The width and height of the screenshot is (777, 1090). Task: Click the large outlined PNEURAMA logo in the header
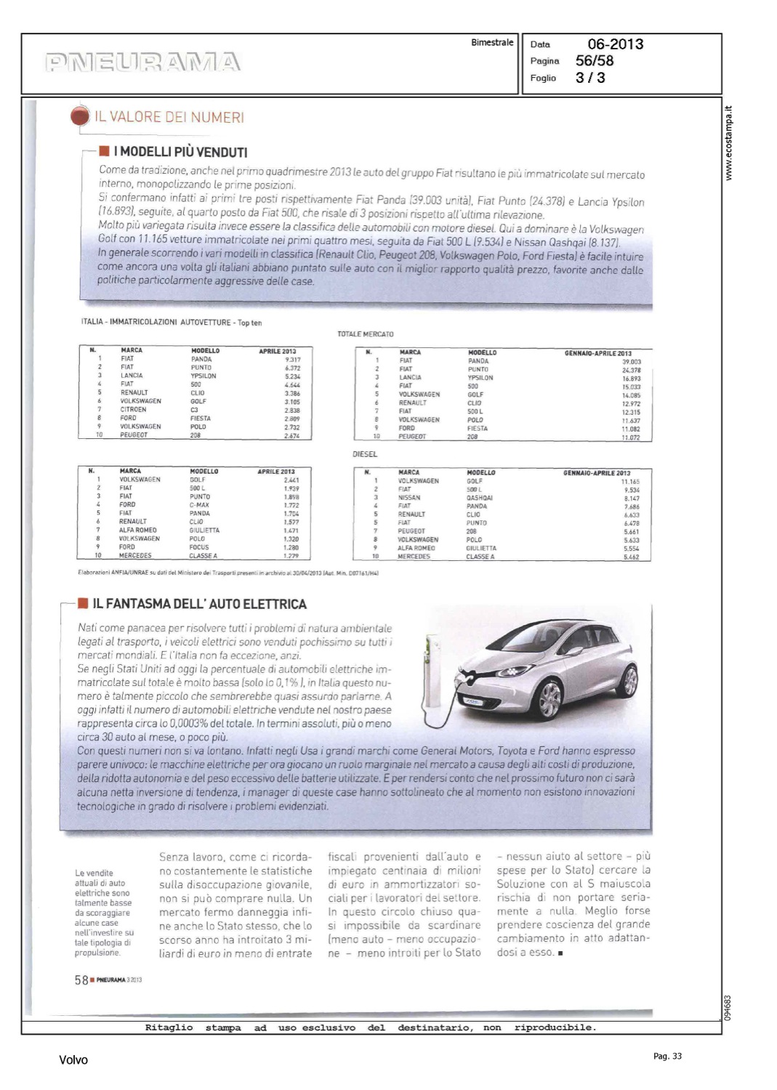[142, 62]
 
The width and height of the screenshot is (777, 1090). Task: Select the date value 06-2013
[615, 44]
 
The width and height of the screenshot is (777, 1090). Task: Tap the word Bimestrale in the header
[492, 43]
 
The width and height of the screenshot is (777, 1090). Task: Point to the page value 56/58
[594, 61]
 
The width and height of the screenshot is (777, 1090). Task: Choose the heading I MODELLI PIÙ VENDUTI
[183, 152]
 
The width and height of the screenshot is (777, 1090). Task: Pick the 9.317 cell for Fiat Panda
[292, 359]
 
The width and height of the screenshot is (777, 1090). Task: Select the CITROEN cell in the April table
[134, 410]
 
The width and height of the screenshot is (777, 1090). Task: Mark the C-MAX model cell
[200, 505]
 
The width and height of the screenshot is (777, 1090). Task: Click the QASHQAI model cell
[480, 498]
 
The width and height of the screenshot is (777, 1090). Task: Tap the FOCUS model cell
[199, 547]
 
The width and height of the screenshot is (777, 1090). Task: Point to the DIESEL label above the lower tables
[365, 454]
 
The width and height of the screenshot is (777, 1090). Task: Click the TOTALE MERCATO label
[366, 334]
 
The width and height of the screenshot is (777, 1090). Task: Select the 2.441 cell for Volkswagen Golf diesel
[291, 480]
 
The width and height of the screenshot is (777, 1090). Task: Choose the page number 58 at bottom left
[81, 980]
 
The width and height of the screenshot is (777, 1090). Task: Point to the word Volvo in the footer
[73, 1060]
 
